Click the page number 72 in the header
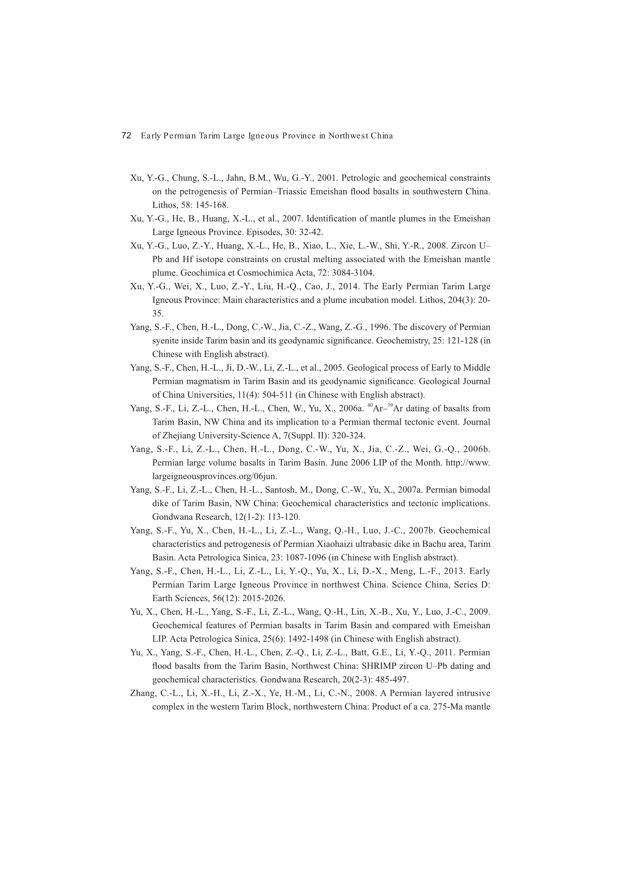tap(126, 136)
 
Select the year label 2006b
tap(476, 449)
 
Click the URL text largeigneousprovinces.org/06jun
tap(214, 476)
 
